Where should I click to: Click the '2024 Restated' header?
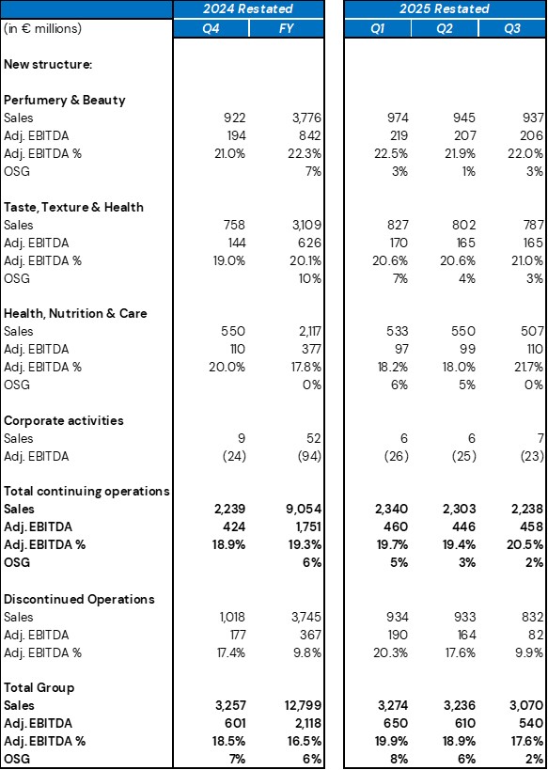[249, 8]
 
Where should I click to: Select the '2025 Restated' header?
[446, 8]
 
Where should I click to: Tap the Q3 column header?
[512, 27]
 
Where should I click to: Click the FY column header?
[287, 27]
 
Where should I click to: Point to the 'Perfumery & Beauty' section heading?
[65, 100]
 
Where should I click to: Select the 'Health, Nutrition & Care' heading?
[75, 313]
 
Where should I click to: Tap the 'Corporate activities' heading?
[64, 420]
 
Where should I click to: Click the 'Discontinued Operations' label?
[79, 599]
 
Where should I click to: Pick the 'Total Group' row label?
[39, 687]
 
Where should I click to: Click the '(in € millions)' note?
[42, 28]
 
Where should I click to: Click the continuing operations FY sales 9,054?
[305, 510]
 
